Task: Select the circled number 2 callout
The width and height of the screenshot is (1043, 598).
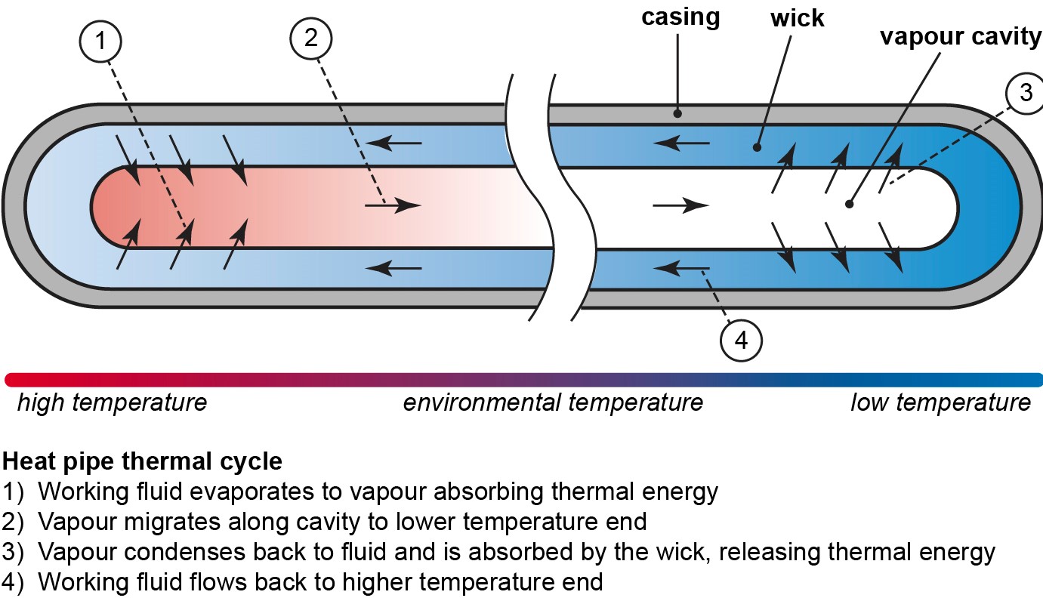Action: [311, 41]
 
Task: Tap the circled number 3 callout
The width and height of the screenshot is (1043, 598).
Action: [1025, 92]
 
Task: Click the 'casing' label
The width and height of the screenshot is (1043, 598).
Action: [680, 17]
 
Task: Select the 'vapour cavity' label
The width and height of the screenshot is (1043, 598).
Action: [960, 37]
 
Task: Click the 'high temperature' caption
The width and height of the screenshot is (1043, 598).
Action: [112, 402]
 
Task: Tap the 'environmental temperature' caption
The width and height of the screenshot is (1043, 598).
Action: [553, 402]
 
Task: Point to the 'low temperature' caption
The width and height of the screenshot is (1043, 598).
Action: [940, 402]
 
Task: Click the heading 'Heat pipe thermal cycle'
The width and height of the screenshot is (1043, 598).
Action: [143, 461]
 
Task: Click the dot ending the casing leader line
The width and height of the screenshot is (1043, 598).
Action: [678, 113]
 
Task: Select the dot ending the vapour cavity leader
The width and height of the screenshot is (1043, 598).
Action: [850, 204]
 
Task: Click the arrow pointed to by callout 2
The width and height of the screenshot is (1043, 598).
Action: [393, 205]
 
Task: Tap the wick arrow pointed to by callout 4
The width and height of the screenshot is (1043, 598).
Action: [682, 267]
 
